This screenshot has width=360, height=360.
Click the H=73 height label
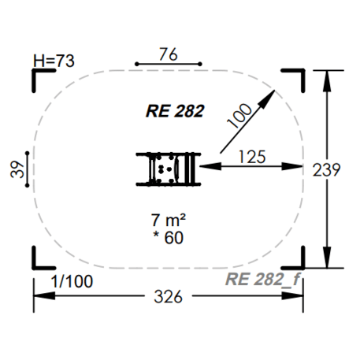pos(54,61)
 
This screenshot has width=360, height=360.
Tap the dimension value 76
pos(169,54)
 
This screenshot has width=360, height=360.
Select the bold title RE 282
pos(175,111)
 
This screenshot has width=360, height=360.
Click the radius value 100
pos(239,116)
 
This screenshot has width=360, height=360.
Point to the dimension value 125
pos(252,157)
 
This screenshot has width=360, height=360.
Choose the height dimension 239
pos(326,169)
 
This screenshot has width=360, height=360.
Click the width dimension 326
pos(168,297)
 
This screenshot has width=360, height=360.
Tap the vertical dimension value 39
pos(17,169)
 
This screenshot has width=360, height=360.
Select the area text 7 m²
pos(169,221)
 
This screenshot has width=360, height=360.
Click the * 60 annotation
pos(169,238)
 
